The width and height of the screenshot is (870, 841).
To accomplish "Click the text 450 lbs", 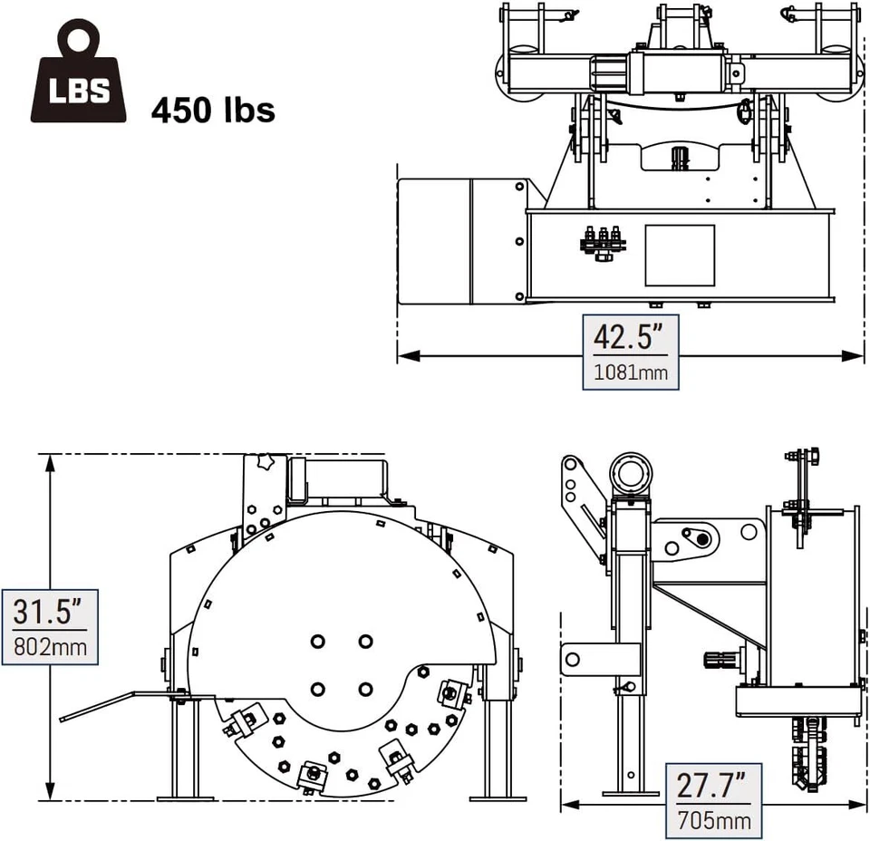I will pos(214,110).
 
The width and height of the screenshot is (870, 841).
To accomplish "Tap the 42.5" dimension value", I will pos(629,337).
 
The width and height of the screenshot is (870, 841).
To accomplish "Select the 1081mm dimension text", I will pos(629,371).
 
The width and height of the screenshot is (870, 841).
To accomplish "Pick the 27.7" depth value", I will pos(712,785).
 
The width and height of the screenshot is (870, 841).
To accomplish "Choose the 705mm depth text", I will pos(713,821).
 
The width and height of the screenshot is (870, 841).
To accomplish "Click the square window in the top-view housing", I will pos(679,255).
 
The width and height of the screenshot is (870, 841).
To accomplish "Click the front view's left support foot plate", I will pos(186,797).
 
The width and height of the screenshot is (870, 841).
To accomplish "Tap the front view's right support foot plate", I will pos(498,797).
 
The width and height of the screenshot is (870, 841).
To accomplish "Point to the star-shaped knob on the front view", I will pos(266,462).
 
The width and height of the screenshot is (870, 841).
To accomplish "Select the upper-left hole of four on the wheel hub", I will pos(318,642).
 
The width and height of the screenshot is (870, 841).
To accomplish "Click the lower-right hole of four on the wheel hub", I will pos(364,690).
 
